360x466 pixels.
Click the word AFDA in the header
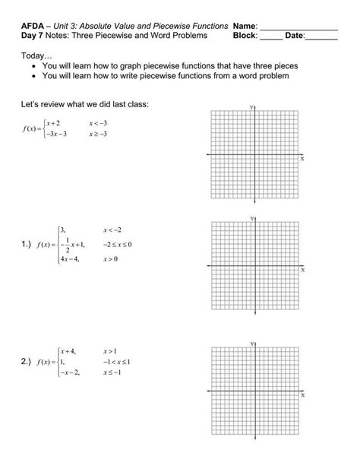[33, 25]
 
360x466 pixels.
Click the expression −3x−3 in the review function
[57, 134]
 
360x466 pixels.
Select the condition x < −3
[99, 123]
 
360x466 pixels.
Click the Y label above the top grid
[252, 107]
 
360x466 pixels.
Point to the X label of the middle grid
[302, 269]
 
